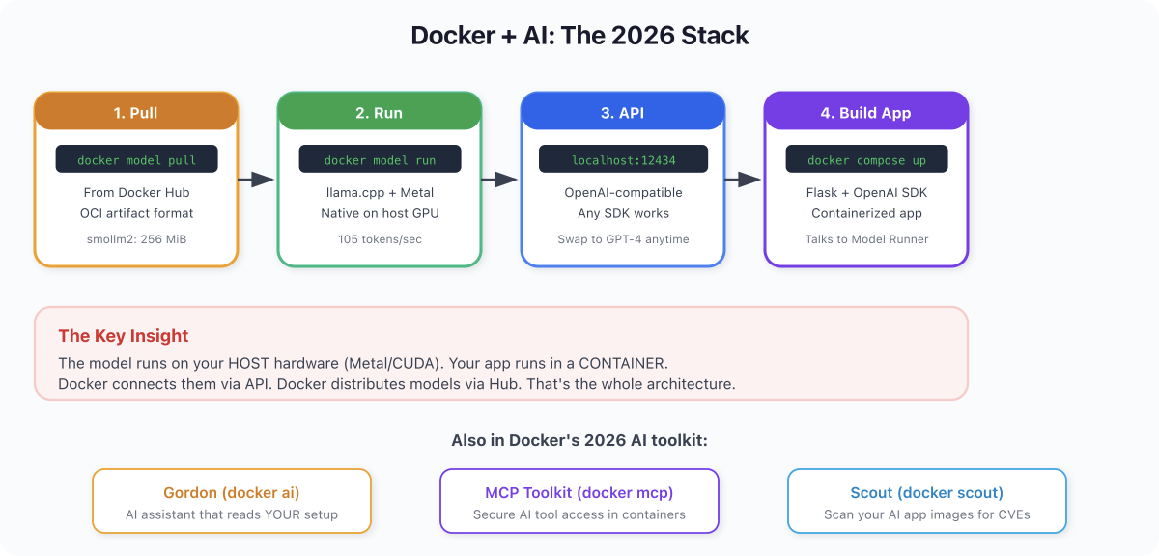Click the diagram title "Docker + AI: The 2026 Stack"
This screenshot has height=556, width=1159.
tap(579, 36)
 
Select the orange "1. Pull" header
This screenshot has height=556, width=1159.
tap(136, 112)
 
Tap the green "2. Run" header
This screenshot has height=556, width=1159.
tap(380, 112)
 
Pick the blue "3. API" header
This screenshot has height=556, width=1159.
tap(622, 112)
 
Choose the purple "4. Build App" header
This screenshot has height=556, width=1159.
tap(865, 112)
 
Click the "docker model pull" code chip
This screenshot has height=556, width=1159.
tap(136, 158)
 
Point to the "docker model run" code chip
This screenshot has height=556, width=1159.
tap(380, 158)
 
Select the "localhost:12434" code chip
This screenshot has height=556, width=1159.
tap(623, 158)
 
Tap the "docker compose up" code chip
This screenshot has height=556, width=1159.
tap(866, 158)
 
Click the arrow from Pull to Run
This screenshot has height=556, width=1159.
tap(256, 180)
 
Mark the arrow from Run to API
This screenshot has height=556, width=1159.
tap(499, 180)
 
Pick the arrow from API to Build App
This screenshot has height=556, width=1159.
tap(743, 180)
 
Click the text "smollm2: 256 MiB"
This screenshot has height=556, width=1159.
tap(136, 239)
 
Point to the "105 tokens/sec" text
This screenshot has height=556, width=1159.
tap(380, 239)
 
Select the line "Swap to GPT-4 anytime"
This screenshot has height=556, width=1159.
tap(623, 239)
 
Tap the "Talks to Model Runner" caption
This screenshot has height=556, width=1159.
tap(866, 239)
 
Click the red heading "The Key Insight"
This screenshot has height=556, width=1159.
tap(124, 336)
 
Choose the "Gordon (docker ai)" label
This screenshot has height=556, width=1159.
tap(231, 493)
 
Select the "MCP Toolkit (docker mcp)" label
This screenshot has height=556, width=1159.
tap(579, 493)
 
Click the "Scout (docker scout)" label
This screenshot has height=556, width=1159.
tap(926, 493)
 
